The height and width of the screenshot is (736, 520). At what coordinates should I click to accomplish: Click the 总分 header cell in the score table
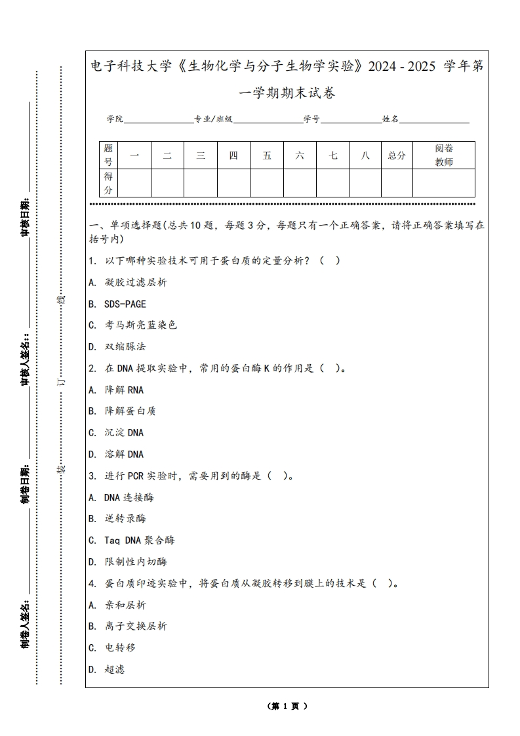click(397, 155)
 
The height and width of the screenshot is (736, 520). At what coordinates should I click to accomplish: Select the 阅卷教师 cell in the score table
click(444, 155)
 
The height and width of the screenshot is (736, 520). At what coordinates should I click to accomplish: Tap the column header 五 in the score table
click(267, 155)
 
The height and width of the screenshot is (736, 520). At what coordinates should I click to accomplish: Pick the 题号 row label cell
click(108, 155)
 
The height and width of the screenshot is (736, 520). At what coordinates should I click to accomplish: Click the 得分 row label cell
click(108, 183)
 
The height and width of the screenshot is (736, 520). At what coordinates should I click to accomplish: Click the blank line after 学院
click(158, 121)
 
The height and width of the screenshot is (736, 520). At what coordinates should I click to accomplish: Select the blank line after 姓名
click(434, 121)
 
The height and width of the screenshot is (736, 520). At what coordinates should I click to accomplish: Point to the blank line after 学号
click(351, 121)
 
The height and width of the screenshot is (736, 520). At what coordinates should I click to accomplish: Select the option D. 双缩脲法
click(117, 346)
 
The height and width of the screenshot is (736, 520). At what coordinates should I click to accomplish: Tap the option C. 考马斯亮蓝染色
click(132, 325)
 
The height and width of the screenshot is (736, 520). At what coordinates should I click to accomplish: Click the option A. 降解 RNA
click(116, 390)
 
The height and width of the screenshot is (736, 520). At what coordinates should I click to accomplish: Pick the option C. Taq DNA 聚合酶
click(132, 540)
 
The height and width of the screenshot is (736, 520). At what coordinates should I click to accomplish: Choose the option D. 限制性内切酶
click(128, 562)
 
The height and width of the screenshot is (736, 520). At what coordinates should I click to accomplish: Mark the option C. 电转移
click(112, 647)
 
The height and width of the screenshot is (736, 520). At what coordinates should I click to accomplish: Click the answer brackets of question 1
click(330, 260)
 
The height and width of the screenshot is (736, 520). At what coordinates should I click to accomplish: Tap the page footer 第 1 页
click(287, 706)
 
